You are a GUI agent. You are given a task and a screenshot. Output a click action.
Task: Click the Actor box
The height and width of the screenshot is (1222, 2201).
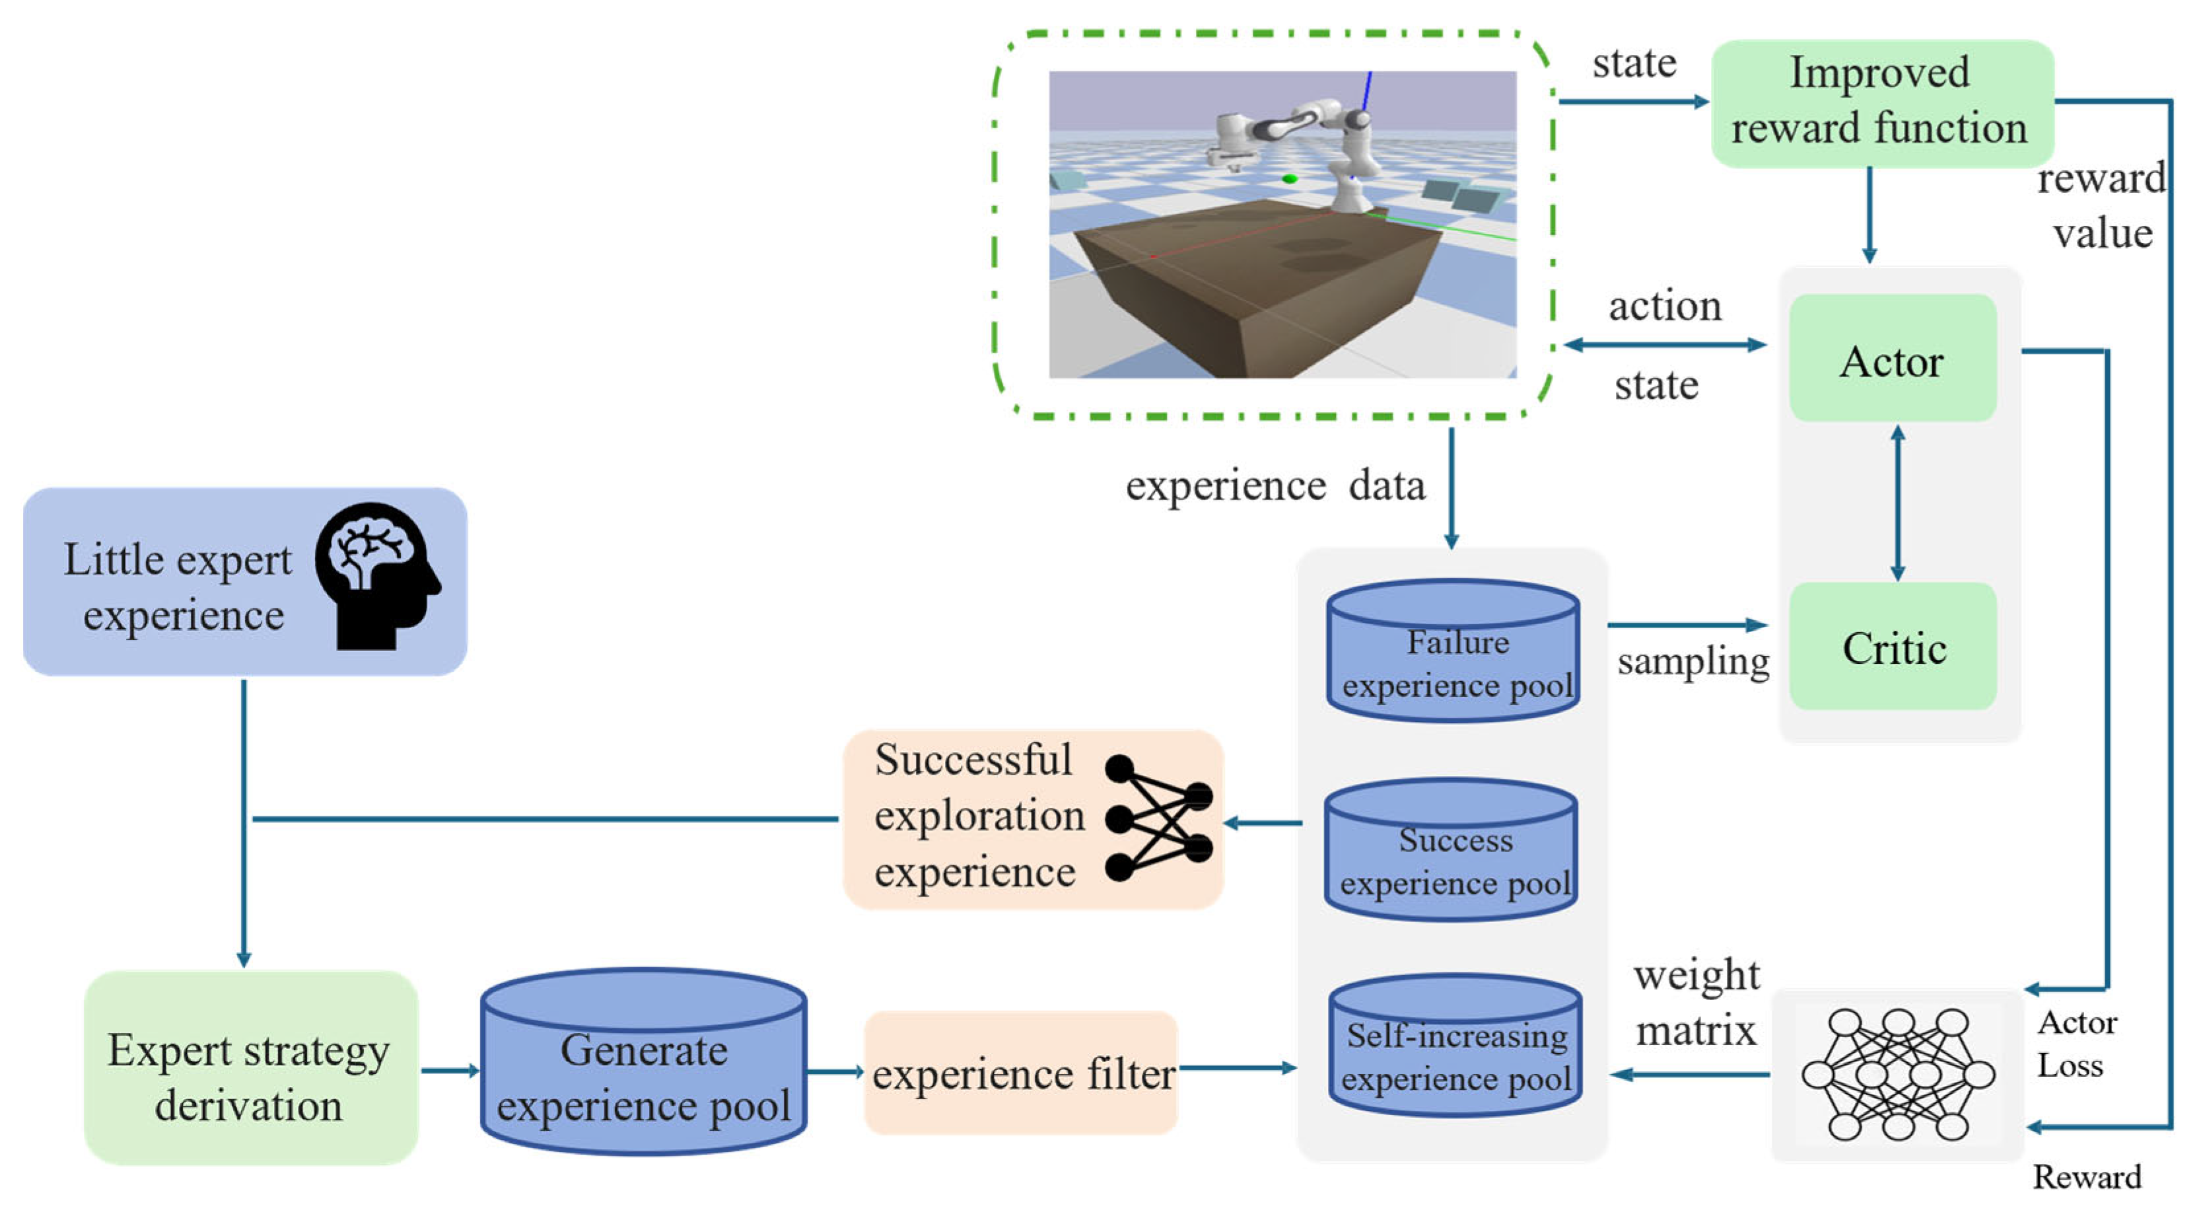[x=1892, y=359]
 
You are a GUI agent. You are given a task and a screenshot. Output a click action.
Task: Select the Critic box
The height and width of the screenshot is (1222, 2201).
[x=1892, y=647]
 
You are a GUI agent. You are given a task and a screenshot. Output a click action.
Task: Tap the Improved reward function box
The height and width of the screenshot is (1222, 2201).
[x=1881, y=102]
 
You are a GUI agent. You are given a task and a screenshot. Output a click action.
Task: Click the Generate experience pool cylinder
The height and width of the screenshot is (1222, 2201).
[x=643, y=1064]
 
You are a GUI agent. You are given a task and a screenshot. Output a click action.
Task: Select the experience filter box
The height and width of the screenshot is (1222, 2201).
[x=1020, y=1073]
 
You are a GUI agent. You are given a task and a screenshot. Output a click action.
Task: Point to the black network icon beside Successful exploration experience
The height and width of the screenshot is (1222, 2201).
[x=1158, y=818]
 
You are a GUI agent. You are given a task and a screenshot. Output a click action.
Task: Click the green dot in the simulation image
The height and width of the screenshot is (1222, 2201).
[x=1289, y=178]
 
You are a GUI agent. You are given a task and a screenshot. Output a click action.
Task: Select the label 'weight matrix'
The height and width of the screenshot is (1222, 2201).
[x=1696, y=1003]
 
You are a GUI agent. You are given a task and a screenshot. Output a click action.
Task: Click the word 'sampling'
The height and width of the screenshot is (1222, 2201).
[x=1692, y=661]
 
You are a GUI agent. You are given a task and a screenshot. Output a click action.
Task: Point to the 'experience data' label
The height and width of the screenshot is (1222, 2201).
[x=1274, y=486]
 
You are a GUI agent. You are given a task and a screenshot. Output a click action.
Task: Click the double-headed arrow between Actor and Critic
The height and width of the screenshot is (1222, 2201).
[x=1898, y=504]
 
